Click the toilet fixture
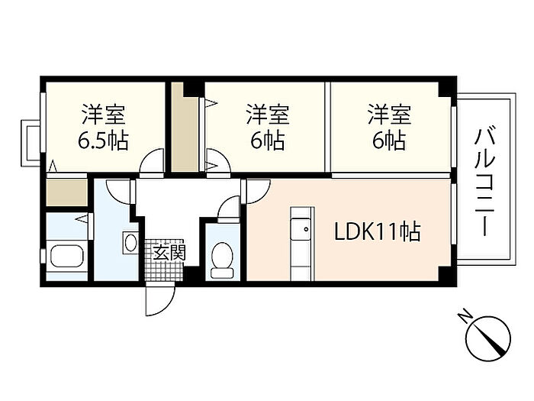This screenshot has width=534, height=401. click(222, 260)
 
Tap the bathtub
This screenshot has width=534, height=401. click(67, 258)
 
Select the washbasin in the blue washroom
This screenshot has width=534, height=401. click(130, 242)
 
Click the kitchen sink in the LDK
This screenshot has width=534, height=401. click(301, 228)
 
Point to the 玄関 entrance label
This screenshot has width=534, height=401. click(169, 253)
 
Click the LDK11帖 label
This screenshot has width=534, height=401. click(377, 231)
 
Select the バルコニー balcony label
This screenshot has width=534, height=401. click(485, 183)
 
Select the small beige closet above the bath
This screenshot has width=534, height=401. click(67, 192)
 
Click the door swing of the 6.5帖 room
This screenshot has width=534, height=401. click(153, 162)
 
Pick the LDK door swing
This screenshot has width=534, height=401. click(258, 191)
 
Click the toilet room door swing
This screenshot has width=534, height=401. click(229, 209)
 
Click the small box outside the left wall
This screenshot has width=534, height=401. click(31, 143)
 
